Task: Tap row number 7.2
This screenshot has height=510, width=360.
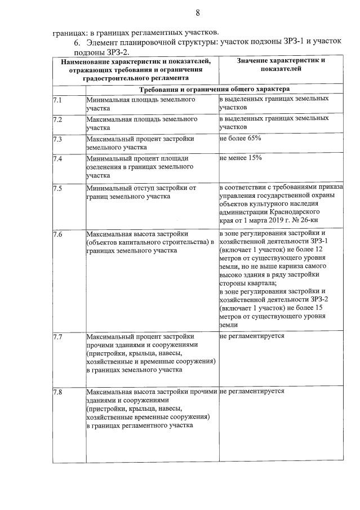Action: [57, 120]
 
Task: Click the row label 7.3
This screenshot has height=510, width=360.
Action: [57, 139]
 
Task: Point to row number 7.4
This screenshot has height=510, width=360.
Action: [57, 159]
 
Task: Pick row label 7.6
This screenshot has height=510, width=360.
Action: [57, 234]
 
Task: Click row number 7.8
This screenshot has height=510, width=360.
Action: [57, 392]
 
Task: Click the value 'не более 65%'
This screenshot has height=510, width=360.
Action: [241, 138]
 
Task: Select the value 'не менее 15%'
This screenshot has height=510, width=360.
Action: [241, 158]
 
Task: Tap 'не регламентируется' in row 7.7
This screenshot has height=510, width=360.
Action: [252, 336]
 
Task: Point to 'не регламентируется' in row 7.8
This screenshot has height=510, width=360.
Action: [252, 391]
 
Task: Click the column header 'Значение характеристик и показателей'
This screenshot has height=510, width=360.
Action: [281, 64]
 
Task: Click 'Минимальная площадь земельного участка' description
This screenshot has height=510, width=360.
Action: [140, 104]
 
